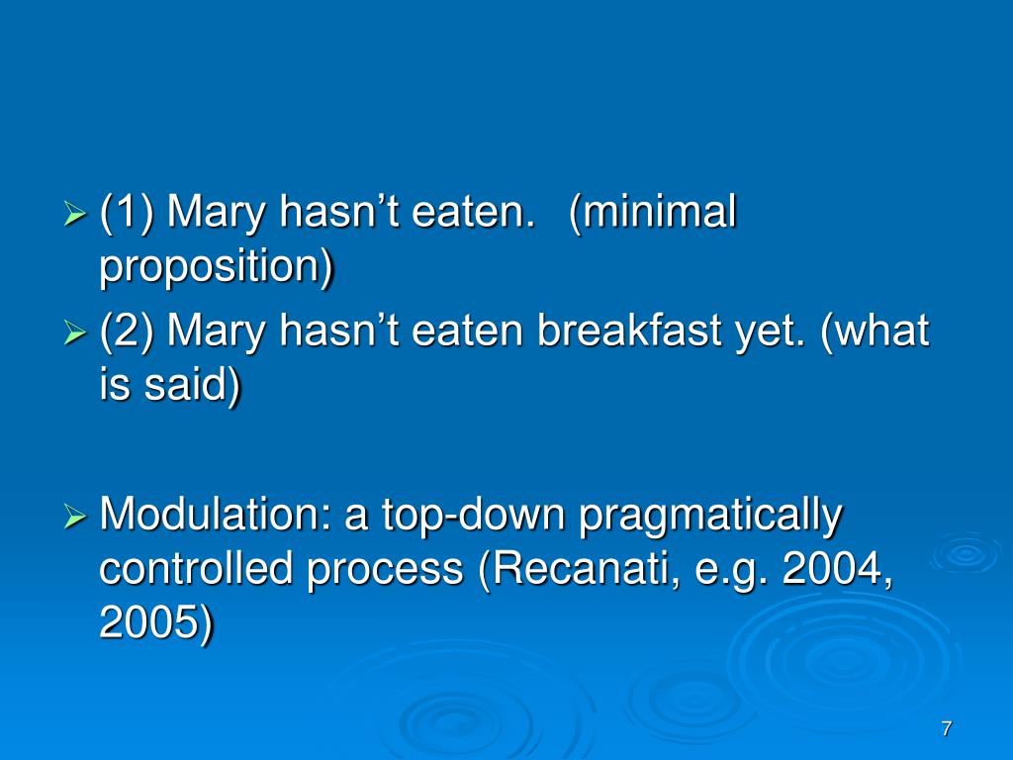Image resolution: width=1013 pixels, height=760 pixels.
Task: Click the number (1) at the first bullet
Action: (x=128, y=213)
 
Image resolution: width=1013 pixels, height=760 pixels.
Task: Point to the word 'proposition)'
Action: (x=217, y=267)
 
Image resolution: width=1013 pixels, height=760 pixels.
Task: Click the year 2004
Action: (x=834, y=570)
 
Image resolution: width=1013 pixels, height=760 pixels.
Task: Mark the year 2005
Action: (x=154, y=623)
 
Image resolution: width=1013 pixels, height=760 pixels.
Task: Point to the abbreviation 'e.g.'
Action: (x=738, y=570)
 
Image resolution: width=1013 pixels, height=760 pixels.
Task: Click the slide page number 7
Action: (x=946, y=729)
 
